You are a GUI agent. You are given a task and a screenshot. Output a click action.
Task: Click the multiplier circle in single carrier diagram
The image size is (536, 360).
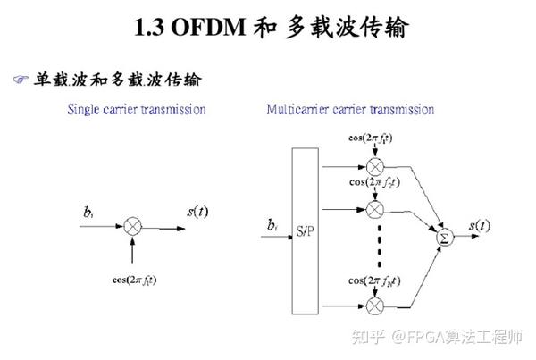click(133, 227)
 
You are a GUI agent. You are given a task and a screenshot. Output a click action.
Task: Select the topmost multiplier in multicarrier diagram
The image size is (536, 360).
click(373, 167)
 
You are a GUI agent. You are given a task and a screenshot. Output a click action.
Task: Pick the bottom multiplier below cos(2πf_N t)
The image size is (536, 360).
click(373, 306)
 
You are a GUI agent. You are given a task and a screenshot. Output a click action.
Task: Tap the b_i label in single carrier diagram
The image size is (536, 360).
click(88, 213)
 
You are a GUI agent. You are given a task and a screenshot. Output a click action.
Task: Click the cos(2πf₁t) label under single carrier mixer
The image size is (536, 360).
click(134, 280)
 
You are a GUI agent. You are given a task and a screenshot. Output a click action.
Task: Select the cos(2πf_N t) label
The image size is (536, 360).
click(373, 282)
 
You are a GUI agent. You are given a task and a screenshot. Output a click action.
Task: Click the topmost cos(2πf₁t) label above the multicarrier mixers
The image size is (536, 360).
click(373, 138)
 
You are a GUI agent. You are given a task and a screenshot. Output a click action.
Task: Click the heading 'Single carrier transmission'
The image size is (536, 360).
click(137, 110)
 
